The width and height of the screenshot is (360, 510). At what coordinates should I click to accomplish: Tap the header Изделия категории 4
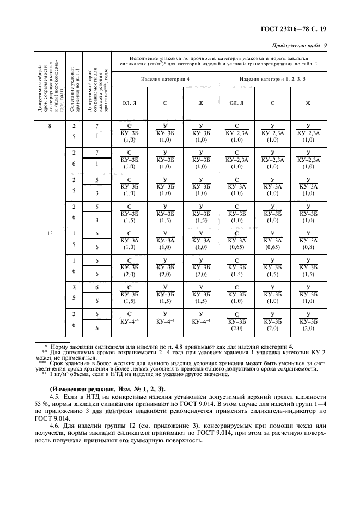click(x=166, y=79)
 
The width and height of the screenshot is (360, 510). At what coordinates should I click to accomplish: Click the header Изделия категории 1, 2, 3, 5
click(x=272, y=79)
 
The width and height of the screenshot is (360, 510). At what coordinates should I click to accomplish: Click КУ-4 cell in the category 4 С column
click(x=166, y=322)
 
